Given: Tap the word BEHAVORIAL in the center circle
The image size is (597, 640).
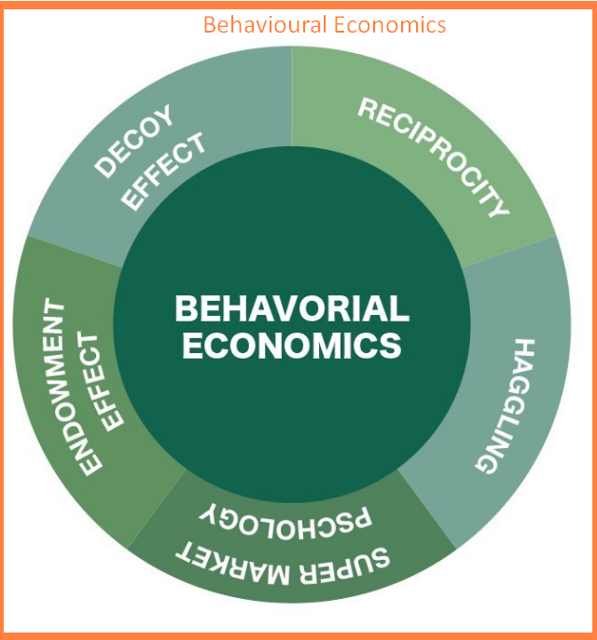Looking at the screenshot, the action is [x=292, y=308].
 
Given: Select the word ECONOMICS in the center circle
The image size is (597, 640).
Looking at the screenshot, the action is [x=292, y=346].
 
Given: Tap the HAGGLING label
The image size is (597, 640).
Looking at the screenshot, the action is [x=505, y=404].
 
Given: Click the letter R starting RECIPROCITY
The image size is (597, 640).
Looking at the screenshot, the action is [x=368, y=109].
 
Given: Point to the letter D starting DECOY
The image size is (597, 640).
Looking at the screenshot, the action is [x=105, y=168].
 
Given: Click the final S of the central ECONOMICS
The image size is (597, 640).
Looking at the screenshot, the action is [x=392, y=346].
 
